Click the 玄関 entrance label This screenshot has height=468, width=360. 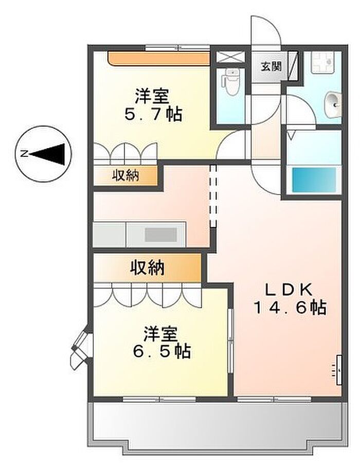tap(271, 66)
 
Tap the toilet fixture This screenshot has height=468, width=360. tap(230, 80)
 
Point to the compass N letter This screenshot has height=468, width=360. tap(23, 154)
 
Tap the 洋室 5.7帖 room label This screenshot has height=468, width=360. tap(153, 105)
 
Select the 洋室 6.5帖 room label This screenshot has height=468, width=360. tap(161, 343)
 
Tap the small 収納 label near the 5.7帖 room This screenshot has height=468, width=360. tap(125, 175)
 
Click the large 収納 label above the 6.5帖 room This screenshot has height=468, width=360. tap(147, 267)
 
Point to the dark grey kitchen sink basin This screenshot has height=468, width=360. tap(160, 235)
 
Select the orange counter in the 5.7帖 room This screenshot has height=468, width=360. tap(159, 59)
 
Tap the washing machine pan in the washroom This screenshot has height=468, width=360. tap(322, 62)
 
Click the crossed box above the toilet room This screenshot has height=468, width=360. tap(230, 57)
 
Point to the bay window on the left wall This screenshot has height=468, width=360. tap(81, 347)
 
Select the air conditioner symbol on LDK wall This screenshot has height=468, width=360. tap(338, 370)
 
